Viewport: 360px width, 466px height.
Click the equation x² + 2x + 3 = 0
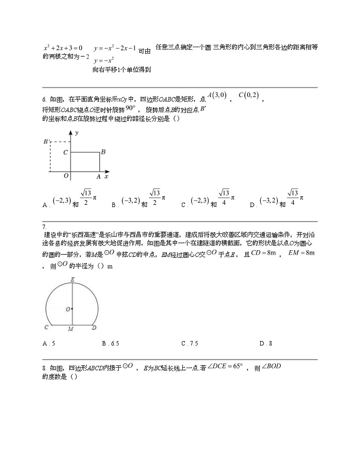tap(63, 48)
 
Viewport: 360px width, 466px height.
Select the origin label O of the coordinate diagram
tap(66, 176)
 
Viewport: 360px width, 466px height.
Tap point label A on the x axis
tap(98, 177)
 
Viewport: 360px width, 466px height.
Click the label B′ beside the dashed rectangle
tap(46, 142)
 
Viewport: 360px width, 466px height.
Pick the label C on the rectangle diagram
tap(66, 153)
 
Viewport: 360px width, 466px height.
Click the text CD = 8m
tap(263, 253)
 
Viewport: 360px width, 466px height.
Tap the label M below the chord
tap(71, 329)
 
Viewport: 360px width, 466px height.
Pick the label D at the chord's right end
tap(94, 327)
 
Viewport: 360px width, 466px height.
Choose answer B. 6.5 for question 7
tap(111, 344)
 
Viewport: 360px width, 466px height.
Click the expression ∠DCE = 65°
tap(225, 366)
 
